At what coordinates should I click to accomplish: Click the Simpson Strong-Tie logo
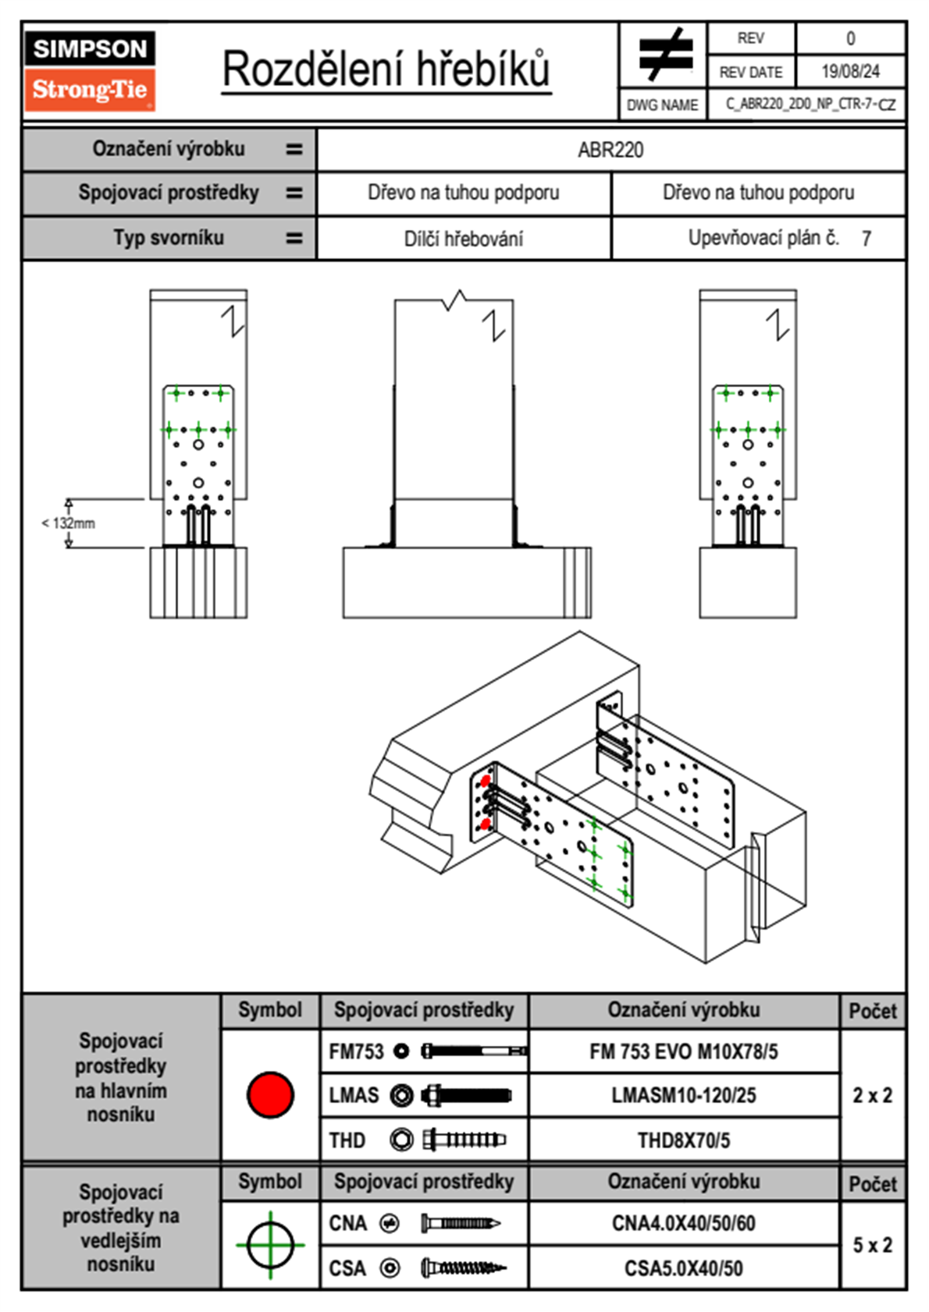[89, 71]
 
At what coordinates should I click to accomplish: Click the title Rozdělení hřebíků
[386, 69]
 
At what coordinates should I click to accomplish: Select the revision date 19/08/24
[849, 72]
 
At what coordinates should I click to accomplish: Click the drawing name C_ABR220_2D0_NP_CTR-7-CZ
[810, 105]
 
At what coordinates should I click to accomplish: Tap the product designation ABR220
[610, 150]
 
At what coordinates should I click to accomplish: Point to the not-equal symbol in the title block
[664, 55]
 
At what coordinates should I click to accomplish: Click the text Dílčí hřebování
[463, 239]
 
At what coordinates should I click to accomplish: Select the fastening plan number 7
[866, 239]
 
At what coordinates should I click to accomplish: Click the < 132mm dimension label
[69, 523]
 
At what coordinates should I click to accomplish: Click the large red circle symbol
[270, 1094]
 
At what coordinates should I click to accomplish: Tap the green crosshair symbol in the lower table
[270, 1245]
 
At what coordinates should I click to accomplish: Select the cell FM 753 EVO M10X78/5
[683, 1052]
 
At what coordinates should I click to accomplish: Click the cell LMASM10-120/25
[683, 1096]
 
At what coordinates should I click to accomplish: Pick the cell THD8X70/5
[683, 1140]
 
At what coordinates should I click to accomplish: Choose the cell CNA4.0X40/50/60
[683, 1223]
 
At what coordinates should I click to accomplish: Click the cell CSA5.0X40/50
[683, 1268]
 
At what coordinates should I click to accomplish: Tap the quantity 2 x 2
[872, 1095]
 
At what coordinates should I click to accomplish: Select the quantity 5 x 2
[872, 1245]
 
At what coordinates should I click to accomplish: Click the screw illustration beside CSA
[462, 1268]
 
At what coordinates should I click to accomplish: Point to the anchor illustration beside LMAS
[465, 1096]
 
